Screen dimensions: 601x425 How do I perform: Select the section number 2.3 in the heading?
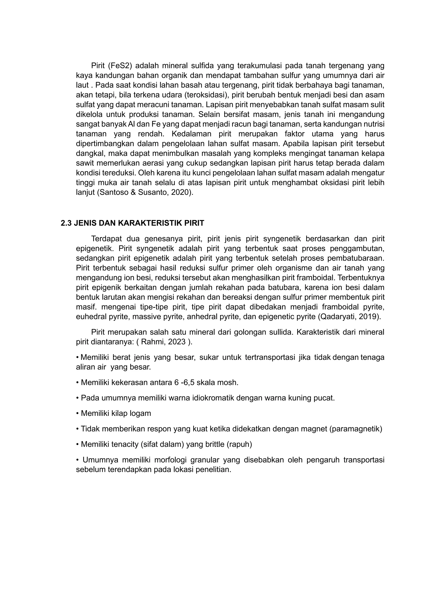click(66, 223)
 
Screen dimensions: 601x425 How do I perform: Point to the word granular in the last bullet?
click(205, 460)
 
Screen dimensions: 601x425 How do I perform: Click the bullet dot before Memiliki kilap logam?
click(77, 414)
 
